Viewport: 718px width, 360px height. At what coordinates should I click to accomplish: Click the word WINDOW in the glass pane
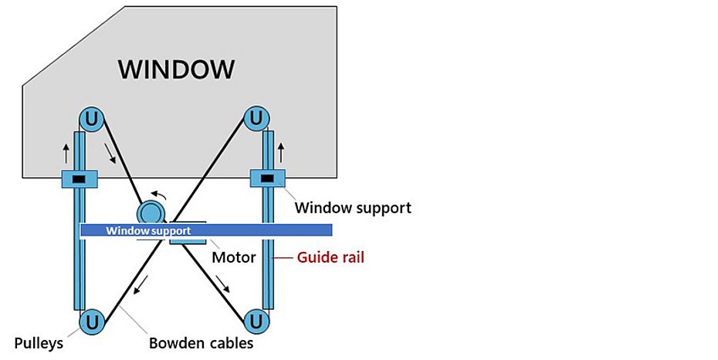(x=176, y=69)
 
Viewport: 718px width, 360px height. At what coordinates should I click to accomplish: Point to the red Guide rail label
(x=330, y=257)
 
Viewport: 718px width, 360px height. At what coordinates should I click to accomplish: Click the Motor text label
(x=233, y=257)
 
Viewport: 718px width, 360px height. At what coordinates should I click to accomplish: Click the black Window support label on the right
(x=353, y=207)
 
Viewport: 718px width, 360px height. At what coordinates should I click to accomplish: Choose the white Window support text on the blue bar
(x=148, y=230)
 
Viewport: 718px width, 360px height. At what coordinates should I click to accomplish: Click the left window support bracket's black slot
(x=78, y=180)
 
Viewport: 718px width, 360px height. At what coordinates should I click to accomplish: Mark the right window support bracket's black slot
(x=267, y=179)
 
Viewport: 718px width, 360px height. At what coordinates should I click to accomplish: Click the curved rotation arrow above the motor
(x=157, y=195)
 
